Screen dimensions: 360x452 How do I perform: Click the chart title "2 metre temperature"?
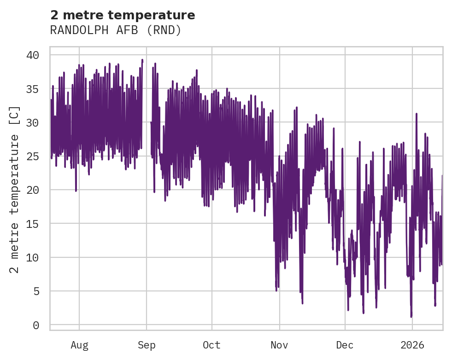(x=123, y=15)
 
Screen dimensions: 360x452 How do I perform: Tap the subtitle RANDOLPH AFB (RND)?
(x=116, y=30)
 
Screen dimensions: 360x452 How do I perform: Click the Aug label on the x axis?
(x=79, y=345)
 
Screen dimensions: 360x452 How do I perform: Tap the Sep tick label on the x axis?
(x=147, y=345)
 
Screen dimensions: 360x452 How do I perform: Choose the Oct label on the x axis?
(x=212, y=345)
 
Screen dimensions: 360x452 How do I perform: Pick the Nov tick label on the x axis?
(x=279, y=345)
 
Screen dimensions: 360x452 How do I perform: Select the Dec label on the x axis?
(x=345, y=345)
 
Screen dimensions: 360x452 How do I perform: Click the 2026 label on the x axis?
(x=412, y=345)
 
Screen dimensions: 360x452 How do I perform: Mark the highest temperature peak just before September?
(x=142, y=60)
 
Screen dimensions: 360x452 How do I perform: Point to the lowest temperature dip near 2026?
(x=411, y=316)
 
